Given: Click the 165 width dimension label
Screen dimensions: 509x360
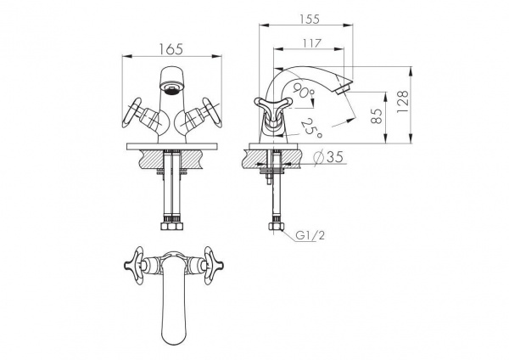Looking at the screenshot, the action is [171, 49].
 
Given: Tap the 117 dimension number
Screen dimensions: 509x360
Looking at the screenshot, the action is [312, 43].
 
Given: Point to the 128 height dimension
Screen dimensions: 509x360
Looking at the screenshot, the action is [402, 102].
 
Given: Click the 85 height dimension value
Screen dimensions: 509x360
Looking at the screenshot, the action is [376, 115].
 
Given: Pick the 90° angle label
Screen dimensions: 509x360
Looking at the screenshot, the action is [303, 90].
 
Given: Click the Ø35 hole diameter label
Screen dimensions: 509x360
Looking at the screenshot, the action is [329, 157].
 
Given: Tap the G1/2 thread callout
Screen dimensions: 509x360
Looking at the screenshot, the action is [310, 235].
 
